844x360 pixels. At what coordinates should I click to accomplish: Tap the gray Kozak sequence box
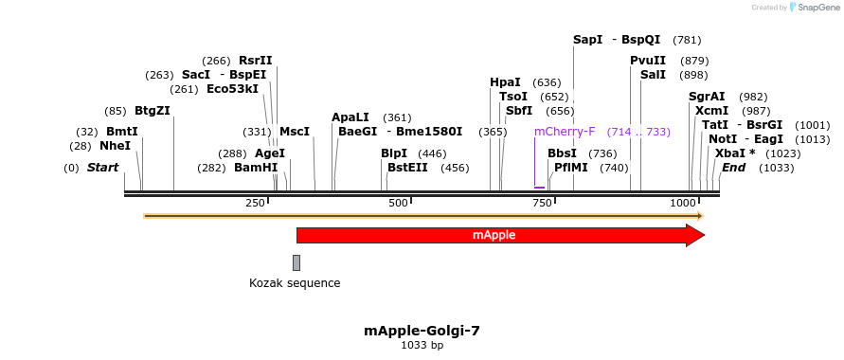(296, 262)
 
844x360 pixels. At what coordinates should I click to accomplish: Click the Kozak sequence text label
(295, 282)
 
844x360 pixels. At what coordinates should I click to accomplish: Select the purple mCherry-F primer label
(565, 132)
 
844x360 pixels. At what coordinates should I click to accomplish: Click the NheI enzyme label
(115, 146)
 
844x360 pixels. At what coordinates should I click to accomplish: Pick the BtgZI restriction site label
(153, 111)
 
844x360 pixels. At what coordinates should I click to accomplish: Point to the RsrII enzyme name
(255, 61)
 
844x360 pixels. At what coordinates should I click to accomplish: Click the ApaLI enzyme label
(350, 117)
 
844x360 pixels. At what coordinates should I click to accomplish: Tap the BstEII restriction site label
(407, 168)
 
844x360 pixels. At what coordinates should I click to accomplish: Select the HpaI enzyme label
(505, 82)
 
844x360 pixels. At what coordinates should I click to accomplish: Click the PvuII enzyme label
(648, 61)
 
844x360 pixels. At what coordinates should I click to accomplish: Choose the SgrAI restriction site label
(707, 97)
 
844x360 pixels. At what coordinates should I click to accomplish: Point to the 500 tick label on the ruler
(398, 203)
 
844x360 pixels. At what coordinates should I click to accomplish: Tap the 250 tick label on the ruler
(255, 203)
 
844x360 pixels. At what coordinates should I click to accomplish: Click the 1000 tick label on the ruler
(683, 203)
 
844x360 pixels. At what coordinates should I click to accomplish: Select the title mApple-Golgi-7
(422, 331)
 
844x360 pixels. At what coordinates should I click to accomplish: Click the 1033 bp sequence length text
(422, 346)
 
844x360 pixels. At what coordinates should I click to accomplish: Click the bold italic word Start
(103, 168)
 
